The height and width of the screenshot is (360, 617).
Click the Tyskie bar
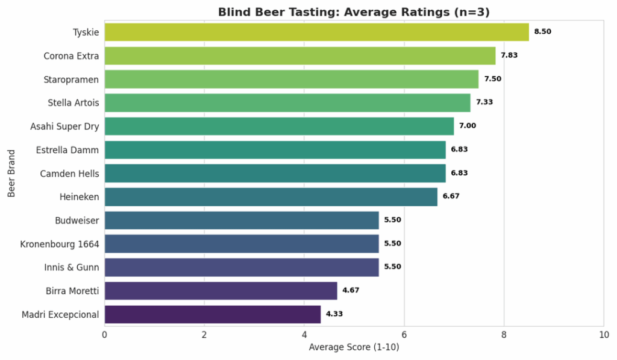point(316,32)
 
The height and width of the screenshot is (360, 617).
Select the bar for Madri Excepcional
point(213,314)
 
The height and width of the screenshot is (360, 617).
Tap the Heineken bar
point(271,197)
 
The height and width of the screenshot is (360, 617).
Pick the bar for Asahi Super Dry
point(279,126)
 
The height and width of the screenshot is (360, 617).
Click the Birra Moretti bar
point(221,291)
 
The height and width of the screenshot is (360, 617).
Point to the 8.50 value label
point(542,32)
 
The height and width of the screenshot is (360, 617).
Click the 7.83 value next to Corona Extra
point(509,55)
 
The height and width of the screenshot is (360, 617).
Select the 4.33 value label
point(334,314)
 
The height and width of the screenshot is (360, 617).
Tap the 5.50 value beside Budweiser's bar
point(392,220)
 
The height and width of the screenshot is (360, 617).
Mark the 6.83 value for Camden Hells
point(459,173)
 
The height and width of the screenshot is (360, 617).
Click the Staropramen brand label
point(71,79)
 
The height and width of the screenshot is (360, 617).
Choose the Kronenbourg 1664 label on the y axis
point(60,244)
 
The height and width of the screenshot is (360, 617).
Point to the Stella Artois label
point(74,103)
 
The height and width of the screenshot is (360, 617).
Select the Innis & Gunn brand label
point(72,267)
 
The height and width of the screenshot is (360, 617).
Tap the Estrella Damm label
point(67,150)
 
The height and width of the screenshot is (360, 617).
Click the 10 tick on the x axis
point(603,335)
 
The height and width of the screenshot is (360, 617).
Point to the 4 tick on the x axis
point(304,335)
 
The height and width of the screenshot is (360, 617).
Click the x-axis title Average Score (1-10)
point(354,347)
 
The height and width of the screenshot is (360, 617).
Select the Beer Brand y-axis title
point(11,174)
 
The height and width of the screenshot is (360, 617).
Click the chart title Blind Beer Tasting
point(354,12)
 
